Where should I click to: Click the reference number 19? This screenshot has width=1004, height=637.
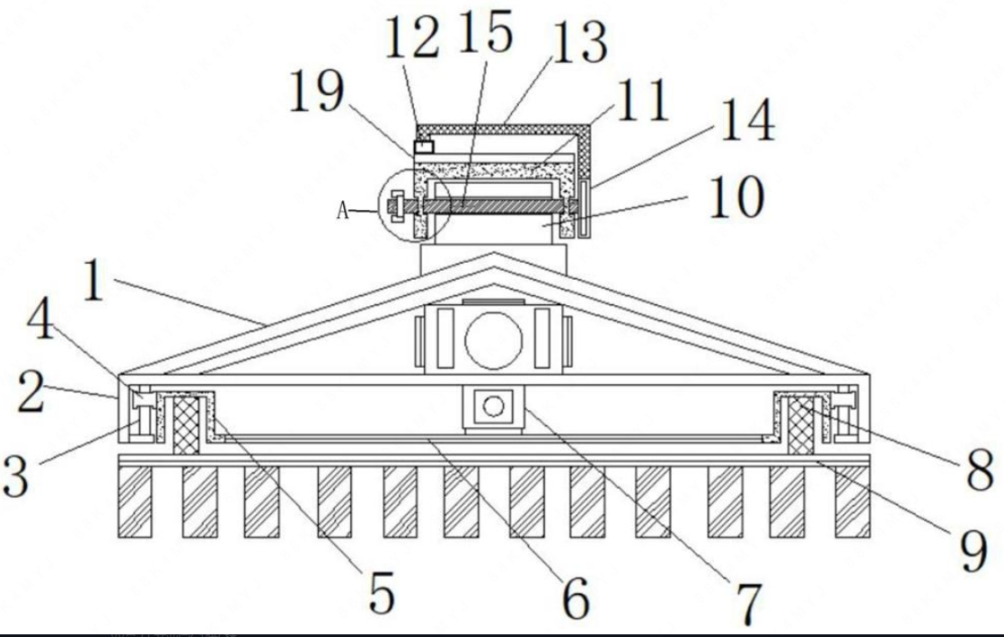316,93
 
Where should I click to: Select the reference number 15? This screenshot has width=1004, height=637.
485,33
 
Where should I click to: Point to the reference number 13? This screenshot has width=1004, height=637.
578,42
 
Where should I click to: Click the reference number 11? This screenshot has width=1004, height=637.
641,100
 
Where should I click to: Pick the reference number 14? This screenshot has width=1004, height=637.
745,121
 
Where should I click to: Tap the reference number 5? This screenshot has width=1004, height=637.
382,593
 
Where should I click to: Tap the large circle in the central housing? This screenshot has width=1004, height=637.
493,342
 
